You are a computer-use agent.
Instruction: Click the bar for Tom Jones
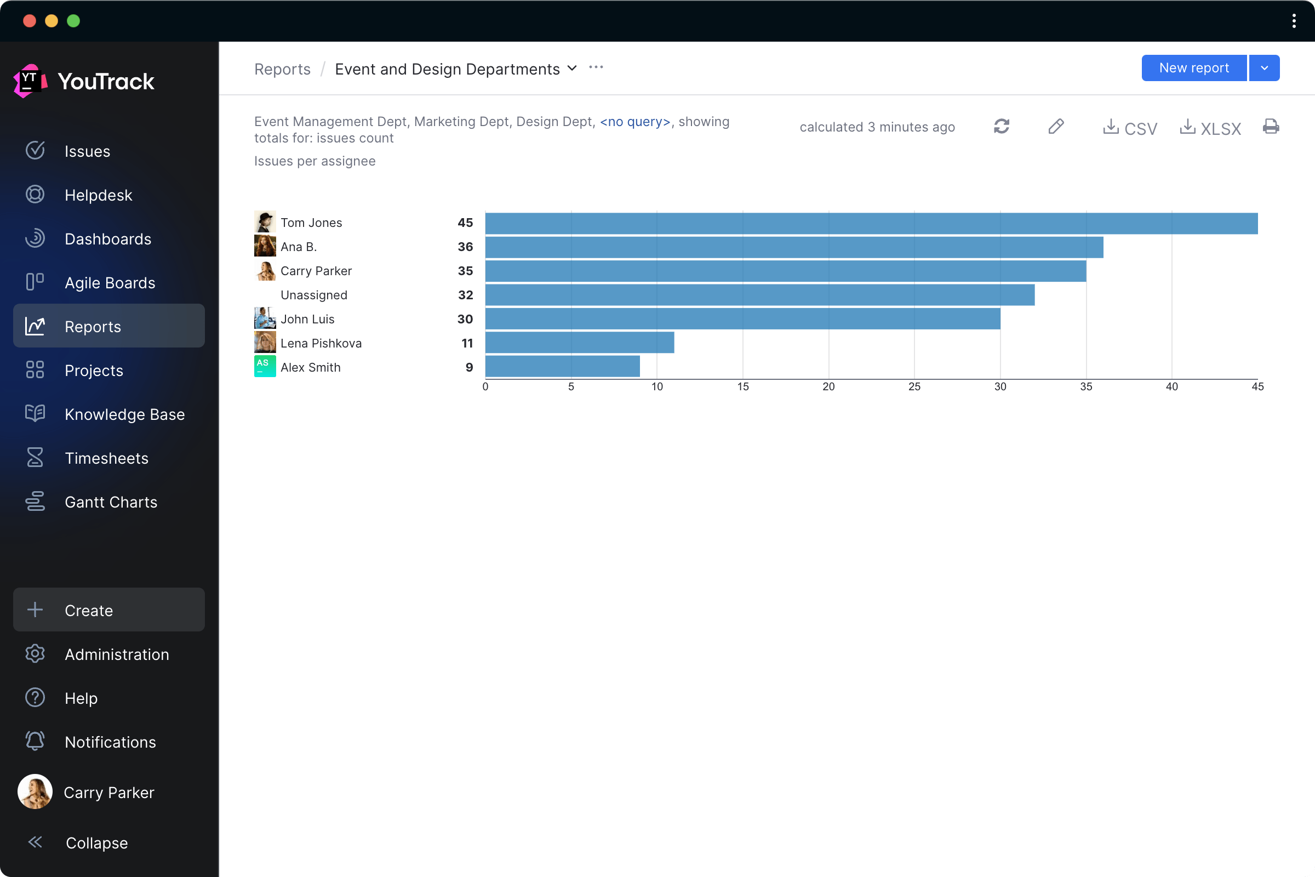click(871, 223)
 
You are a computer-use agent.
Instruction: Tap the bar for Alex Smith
click(562, 367)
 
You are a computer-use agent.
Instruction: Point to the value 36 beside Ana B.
click(465, 247)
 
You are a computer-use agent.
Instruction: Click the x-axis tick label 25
click(914, 386)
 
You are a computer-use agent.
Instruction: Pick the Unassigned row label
click(313, 295)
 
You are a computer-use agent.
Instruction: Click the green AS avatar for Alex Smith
click(265, 366)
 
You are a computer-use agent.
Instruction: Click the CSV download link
click(1130, 128)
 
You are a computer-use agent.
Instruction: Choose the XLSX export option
click(1210, 128)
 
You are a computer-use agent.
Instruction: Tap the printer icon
click(1271, 127)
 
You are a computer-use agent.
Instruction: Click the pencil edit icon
click(1056, 127)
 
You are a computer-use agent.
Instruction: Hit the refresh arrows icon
click(1002, 127)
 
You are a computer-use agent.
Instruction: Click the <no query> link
click(635, 122)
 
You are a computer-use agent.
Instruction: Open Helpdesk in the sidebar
click(99, 195)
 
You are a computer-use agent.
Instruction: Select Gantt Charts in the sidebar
click(111, 502)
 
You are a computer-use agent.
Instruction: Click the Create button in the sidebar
click(109, 610)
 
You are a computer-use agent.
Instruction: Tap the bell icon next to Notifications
click(35, 741)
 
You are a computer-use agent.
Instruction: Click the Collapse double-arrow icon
click(35, 842)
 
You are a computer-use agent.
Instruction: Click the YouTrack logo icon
click(30, 81)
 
